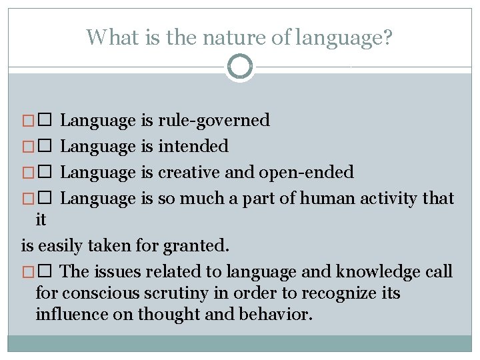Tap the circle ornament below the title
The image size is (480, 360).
(x=240, y=67)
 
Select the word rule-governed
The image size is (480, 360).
(x=213, y=121)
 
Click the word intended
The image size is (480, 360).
(x=193, y=146)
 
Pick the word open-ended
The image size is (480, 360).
(x=306, y=172)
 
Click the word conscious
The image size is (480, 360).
(x=97, y=293)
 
